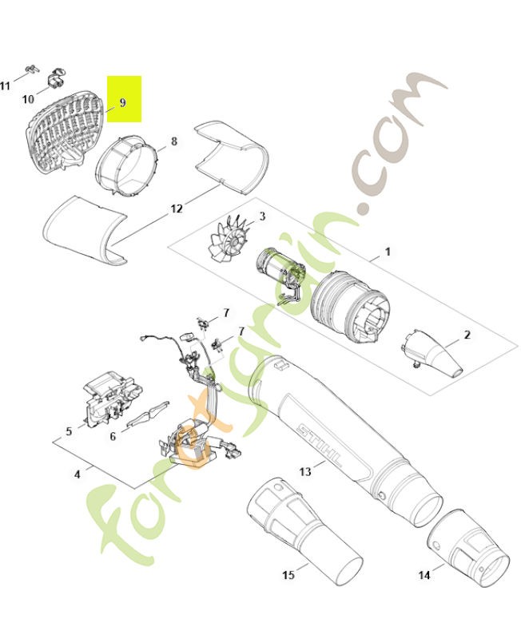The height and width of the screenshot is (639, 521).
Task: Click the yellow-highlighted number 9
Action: [x=123, y=103]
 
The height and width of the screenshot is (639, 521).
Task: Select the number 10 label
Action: [x=28, y=100]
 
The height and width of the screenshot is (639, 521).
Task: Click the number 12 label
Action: [x=177, y=209]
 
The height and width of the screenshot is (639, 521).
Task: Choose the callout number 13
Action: [x=304, y=472]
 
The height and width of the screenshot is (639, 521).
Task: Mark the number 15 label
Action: [x=288, y=574]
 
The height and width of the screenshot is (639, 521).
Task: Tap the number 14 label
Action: [x=424, y=574]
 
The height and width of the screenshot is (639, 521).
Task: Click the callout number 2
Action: [x=467, y=334]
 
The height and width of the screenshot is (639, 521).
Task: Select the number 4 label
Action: [x=77, y=474]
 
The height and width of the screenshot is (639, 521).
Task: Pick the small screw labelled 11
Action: [x=30, y=69]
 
